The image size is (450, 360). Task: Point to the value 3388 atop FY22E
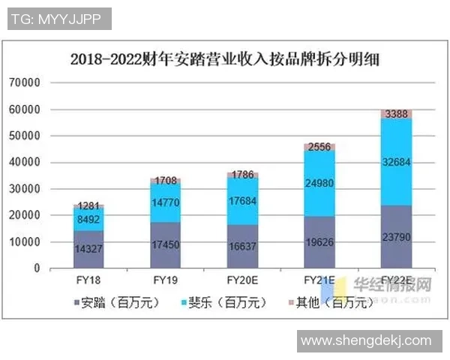coord(395,114)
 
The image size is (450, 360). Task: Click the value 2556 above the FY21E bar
coord(319,148)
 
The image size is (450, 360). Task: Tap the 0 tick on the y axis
coord(35,268)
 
